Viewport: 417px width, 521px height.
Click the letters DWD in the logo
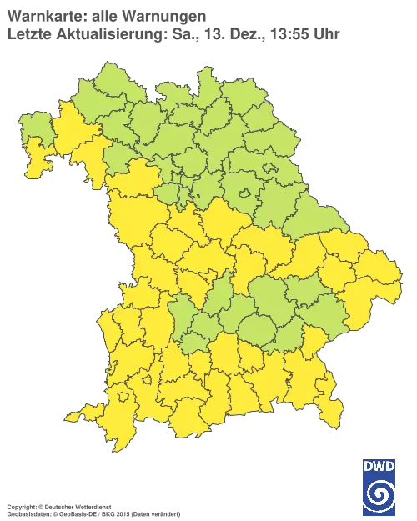(379, 468)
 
